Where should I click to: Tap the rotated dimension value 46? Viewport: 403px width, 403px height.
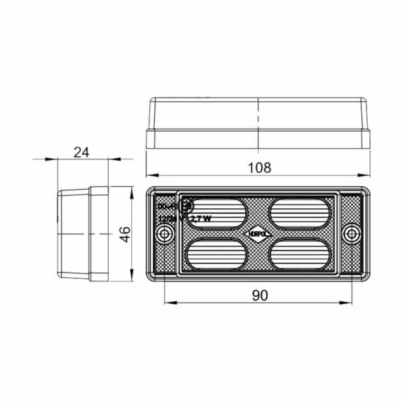pos(125,234)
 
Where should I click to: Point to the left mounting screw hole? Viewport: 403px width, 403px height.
pos(166,234)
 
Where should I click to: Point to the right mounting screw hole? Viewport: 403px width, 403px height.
pos(354,234)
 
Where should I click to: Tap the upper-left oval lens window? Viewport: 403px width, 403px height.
pos(216,213)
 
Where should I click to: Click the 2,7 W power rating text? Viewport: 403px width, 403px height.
pos(200,218)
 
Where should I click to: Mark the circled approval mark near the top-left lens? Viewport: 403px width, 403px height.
pos(187,207)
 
